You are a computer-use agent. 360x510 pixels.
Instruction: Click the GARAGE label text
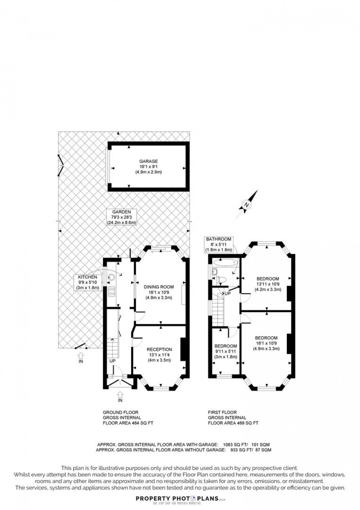click(148, 161)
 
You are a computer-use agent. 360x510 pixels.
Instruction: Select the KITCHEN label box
click(87, 282)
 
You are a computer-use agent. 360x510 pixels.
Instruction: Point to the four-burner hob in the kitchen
click(112, 291)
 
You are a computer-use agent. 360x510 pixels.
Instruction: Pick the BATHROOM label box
click(219, 245)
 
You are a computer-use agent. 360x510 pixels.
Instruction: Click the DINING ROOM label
click(158, 287)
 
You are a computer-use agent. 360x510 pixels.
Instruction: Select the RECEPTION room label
click(159, 349)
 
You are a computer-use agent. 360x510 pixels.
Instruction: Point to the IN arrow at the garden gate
click(81, 356)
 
